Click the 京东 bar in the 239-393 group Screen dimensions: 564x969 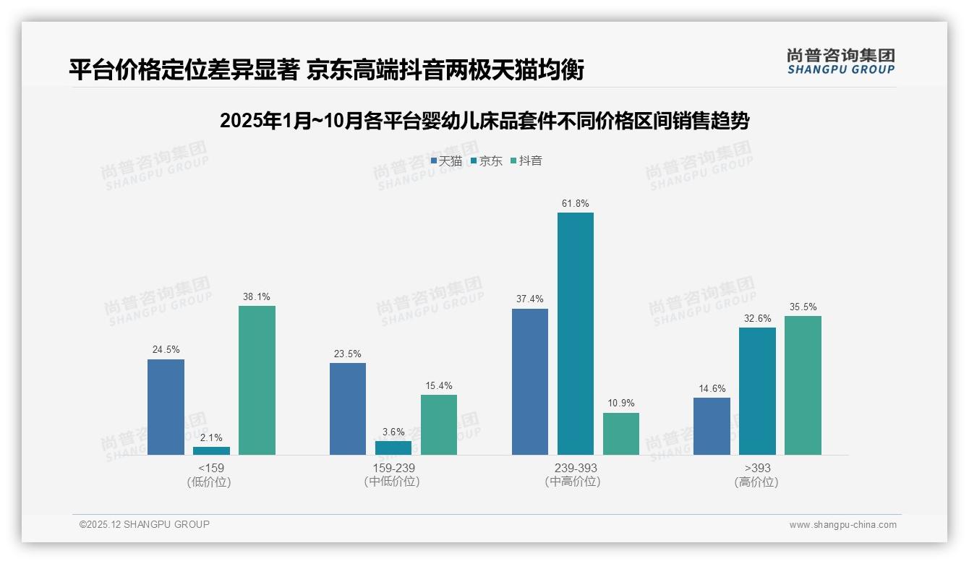pos(575,333)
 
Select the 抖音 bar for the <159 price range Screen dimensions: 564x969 pos(257,380)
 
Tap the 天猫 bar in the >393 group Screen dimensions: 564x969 pos(712,426)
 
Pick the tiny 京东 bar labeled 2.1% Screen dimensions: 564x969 pos(211,450)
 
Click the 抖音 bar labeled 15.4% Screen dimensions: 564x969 pos(439,424)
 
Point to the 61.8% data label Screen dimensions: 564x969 pos(575,204)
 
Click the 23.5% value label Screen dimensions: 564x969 pos(347,354)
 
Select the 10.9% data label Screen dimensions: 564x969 pos(620,403)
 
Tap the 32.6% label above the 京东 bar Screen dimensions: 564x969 pos(757,318)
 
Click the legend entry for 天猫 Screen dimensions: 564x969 pos(446,161)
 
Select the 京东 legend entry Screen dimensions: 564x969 pos(486,161)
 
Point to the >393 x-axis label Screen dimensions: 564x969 pos(756,469)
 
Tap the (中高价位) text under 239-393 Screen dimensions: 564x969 pos(573,482)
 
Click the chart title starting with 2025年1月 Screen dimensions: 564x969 pos(484,121)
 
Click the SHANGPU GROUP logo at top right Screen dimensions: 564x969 pos(840,61)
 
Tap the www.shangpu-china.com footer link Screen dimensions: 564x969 pos(842,525)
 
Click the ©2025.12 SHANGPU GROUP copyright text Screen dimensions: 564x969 pos(145,524)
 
